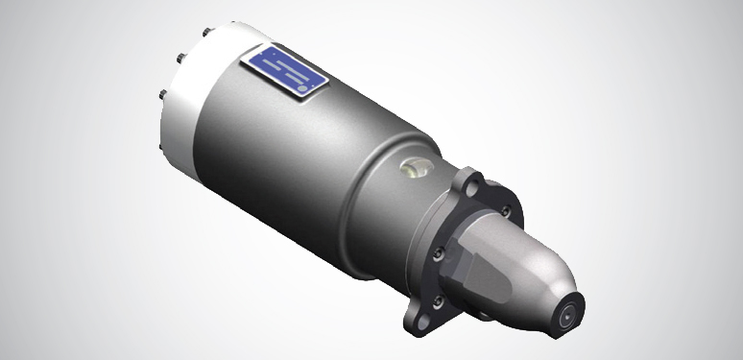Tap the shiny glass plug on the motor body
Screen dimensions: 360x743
coord(412,169)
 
